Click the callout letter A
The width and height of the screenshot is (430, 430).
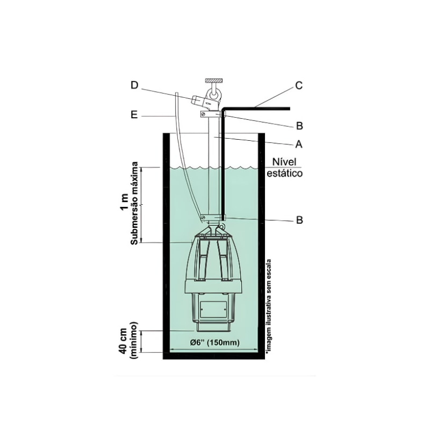pos(299,144)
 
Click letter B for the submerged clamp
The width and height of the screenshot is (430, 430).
pos(299,220)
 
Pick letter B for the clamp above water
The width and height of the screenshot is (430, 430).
pos(299,126)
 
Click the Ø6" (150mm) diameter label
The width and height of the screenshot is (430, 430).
pos(214,342)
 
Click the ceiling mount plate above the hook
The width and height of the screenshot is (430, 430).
pos(214,80)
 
